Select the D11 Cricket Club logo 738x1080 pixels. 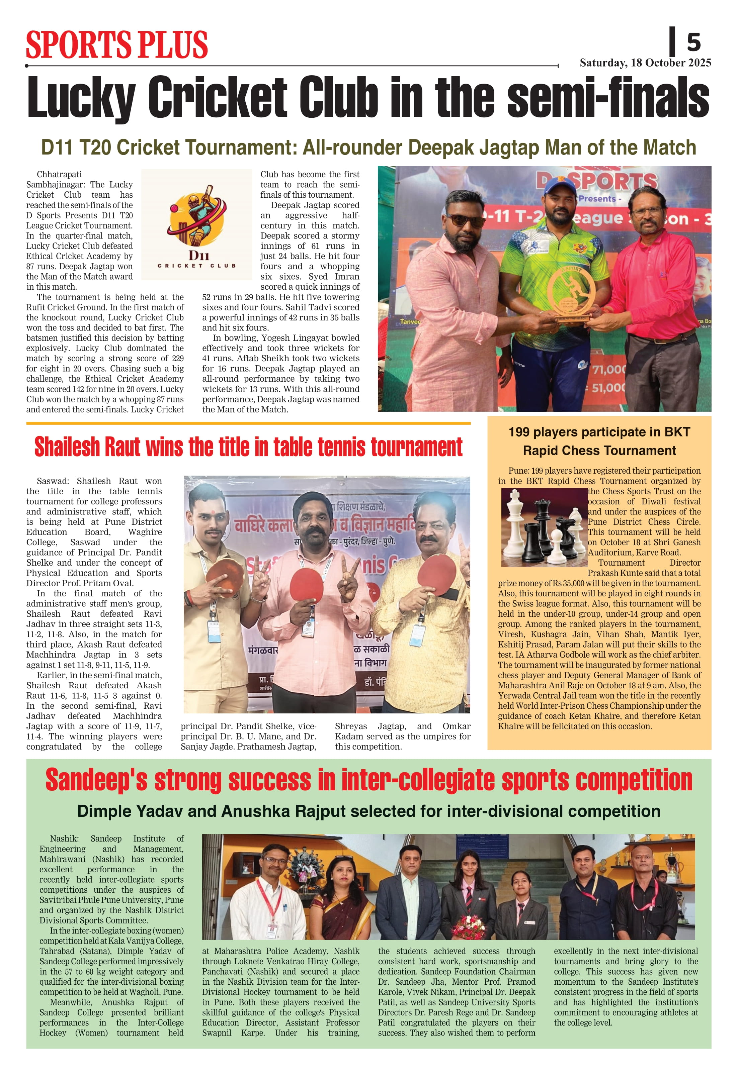point(197,224)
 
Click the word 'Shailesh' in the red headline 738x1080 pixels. point(67,447)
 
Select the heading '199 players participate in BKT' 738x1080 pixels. point(599,432)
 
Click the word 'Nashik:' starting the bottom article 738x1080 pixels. point(64,839)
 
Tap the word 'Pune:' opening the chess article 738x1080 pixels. point(518,471)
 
